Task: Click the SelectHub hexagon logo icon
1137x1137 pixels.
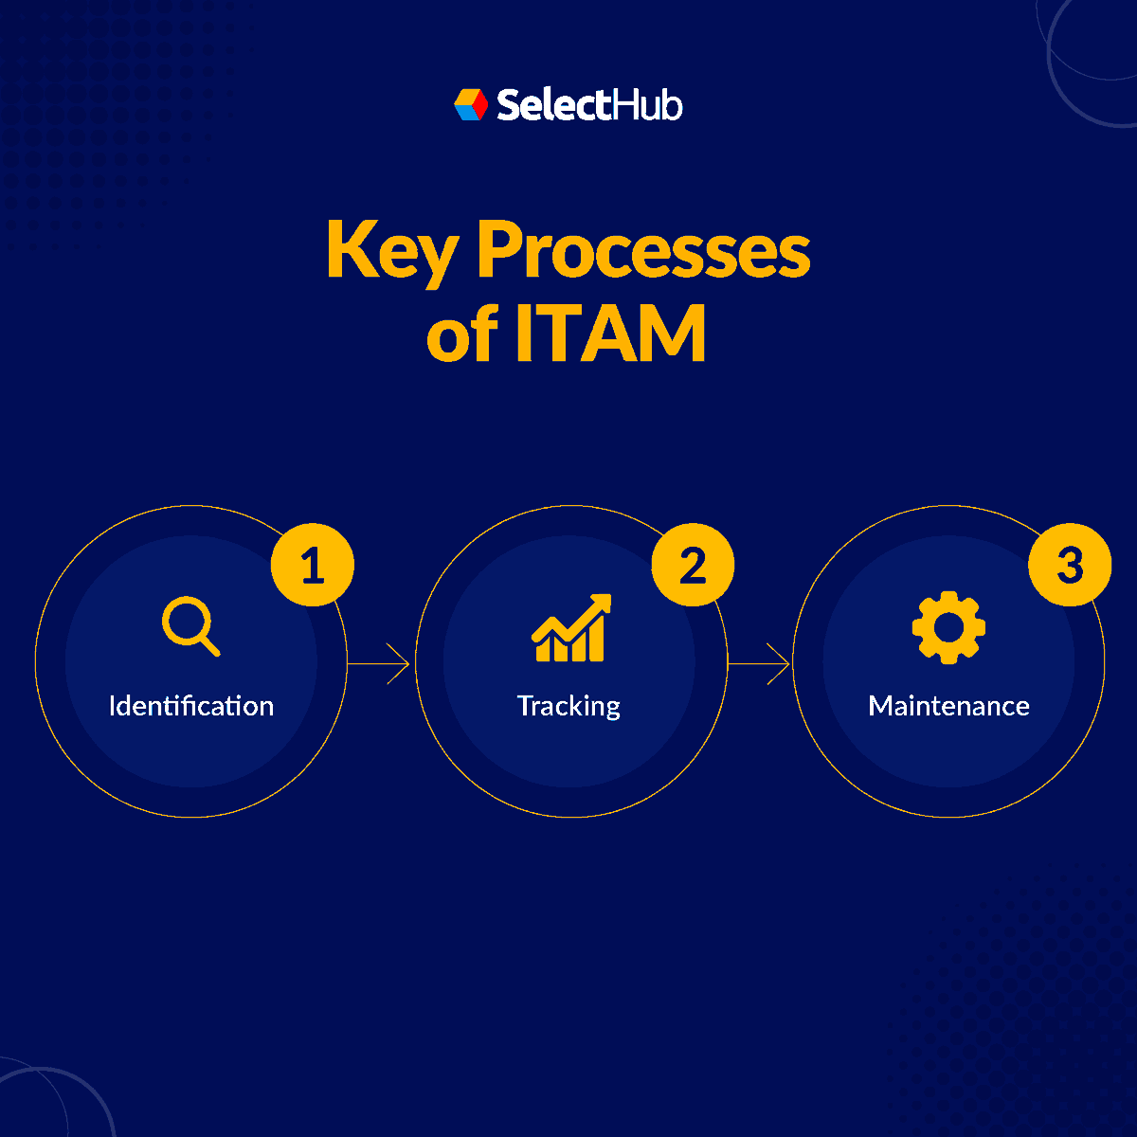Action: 471,104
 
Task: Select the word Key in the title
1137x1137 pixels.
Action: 391,252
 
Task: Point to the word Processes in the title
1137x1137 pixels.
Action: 643,252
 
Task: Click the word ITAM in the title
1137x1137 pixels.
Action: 611,334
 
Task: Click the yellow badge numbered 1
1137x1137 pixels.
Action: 313,567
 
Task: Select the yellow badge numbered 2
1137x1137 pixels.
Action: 693,567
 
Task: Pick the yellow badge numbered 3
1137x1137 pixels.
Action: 1070,566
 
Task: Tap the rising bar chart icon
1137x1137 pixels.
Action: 570,629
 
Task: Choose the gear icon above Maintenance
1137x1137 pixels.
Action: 948,627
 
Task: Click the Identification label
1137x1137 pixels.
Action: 191,706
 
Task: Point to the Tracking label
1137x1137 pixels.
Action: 568,706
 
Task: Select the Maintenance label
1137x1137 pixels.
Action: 948,706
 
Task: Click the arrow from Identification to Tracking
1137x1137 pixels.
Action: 379,664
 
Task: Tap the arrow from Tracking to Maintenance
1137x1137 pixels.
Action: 759,664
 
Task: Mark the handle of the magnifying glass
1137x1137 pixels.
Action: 210,645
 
